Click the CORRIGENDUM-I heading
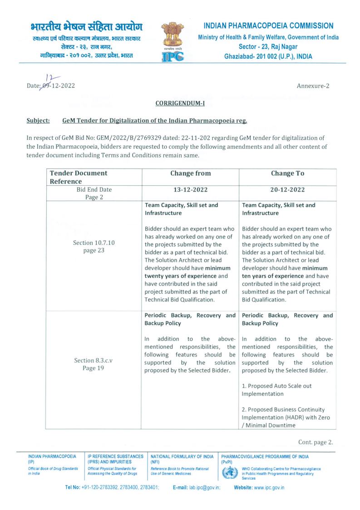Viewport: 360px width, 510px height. pyautogui.click(x=180, y=104)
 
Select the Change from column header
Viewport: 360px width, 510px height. pyautogui.click(x=190, y=173)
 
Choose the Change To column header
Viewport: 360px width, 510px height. pyautogui.click(x=287, y=173)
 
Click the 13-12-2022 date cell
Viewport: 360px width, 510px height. pyautogui.click(x=190, y=190)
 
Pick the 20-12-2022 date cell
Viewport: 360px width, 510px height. pyautogui.click(x=287, y=190)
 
